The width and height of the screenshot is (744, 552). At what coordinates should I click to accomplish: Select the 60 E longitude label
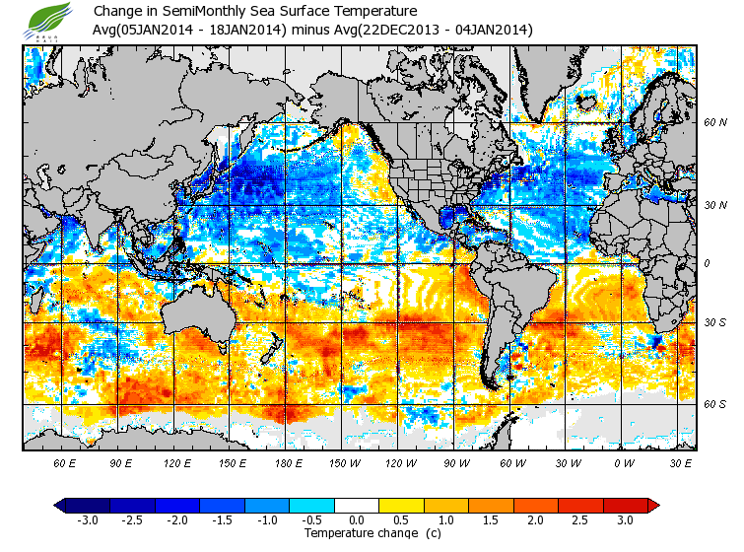[x=65, y=462]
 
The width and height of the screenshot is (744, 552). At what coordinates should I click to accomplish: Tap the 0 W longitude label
[x=623, y=462]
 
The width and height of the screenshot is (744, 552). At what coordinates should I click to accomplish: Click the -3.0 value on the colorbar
[x=86, y=519]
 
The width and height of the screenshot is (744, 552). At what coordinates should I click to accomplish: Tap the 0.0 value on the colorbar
[x=357, y=519]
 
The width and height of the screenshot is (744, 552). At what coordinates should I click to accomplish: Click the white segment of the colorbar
[x=357, y=505]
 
